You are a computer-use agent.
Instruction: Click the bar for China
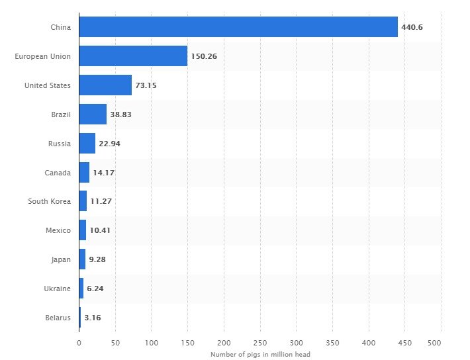tap(238, 27)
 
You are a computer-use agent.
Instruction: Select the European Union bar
tap(133, 56)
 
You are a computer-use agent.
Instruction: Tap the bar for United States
tap(105, 85)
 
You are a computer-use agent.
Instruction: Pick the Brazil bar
tap(93, 114)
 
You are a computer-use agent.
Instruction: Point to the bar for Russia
tap(87, 143)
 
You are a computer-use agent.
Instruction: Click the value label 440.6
tap(412, 27)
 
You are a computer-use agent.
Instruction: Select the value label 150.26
tap(204, 56)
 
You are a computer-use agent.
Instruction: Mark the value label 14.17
tap(103, 172)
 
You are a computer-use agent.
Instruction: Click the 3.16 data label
tap(93, 318)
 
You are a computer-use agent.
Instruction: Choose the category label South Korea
tap(49, 201)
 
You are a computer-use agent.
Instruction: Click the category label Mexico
tap(58, 230)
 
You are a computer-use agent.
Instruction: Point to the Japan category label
tap(60, 259)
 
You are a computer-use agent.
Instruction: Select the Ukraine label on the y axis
tap(58, 289)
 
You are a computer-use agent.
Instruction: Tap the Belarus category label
tap(58, 318)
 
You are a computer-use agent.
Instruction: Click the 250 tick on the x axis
tap(260, 343)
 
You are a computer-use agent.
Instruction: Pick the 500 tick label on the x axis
tap(434, 343)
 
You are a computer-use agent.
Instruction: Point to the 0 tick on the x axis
tap(79, 343)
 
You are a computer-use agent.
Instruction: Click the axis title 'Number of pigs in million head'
tap(260, 355)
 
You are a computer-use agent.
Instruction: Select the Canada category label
tap(58, 172)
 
